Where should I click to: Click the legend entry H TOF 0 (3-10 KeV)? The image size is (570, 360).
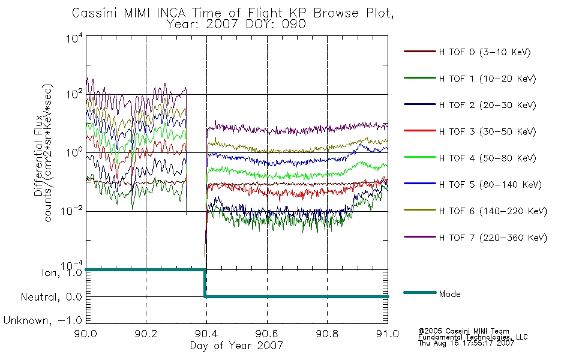tap(485, 52)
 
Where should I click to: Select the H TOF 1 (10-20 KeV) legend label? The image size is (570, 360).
tap(487, 79)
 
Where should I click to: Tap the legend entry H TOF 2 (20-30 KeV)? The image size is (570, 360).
tap(487, 105)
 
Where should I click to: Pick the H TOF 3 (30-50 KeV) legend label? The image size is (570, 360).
tap(487, 131)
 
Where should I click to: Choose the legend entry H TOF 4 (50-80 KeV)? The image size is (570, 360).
tap(487, 158)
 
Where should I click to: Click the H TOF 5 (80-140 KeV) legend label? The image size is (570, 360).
tap(490, 185)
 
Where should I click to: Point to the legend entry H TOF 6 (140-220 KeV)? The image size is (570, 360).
tap(493, 211)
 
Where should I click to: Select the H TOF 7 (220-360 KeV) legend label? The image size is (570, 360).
tap(493, 238)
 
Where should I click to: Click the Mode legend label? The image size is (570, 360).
tap(449, 294)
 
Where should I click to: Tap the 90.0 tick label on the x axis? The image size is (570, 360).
tap(86, 334)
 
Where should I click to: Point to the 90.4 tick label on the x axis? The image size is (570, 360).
tap(207, 334)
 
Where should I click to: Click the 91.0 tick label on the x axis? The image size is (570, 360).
tap(388, 334)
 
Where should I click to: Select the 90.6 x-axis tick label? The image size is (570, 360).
tap(267, 334)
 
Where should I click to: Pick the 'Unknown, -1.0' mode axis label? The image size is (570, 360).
tap(43, 320)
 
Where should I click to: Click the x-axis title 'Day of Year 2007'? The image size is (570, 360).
tap(236, 346)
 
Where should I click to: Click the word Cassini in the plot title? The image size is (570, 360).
tap(95, 13)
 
